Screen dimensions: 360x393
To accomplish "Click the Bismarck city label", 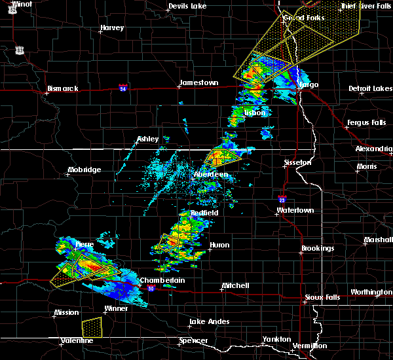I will [63, 88].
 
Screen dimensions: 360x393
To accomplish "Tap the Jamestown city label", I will [198, 83].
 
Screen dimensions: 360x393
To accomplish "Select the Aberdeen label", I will [211, 175].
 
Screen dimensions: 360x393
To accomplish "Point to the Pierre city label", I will [84, 244].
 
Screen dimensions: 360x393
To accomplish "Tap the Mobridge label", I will [84, 170].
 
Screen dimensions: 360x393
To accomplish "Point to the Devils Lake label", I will [187, 7].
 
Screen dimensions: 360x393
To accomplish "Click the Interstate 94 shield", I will [123, 86].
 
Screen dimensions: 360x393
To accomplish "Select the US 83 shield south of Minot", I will [21, 50].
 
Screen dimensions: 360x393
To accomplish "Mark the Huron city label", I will [219, 245].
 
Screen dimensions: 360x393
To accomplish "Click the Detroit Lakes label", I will [370, 88].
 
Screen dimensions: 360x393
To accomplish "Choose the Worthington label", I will [370, 292].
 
